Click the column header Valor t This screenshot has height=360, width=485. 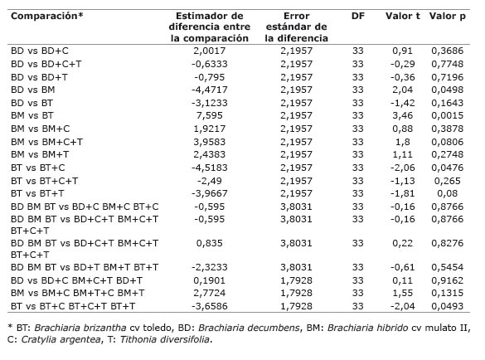[402, 16]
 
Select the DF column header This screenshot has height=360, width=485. [358, 16]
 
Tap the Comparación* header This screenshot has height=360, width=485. [47, 16]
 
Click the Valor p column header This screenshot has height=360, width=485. [447, 16]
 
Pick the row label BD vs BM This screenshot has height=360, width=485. [33, 90]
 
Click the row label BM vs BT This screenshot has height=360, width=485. [32, 115]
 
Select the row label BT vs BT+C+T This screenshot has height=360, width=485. [44, 181]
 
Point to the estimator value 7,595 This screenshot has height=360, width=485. [210, 115]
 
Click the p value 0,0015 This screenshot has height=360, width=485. [447, 115]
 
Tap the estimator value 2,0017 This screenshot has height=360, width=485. [210, 51]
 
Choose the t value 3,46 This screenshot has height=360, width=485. [402, 115]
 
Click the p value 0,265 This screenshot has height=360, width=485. [447, 181]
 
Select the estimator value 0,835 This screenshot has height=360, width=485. [210, 243]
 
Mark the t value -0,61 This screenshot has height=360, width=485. [402, 267]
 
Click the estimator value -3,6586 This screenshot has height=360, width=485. [210, 306]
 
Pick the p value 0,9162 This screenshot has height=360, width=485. [447, 280]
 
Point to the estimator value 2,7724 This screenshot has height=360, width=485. [210, 293]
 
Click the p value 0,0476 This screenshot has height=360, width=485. [447, 168]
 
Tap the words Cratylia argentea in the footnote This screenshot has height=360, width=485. [61, 340]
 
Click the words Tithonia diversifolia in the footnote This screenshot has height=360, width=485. [165, 339]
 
